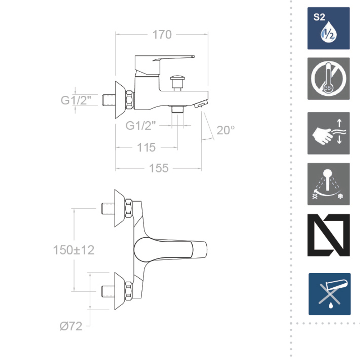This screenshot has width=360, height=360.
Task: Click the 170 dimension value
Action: point(162,35)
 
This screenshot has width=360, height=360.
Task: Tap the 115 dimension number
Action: point(146,147)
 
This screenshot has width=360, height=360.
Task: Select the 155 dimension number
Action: point(159,168)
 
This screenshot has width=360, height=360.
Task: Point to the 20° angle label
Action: point(225,130)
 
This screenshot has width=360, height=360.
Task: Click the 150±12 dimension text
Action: point(74,250)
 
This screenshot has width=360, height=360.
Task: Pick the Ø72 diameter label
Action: point(71,326)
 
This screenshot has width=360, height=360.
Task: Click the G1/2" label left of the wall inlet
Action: point(76,100)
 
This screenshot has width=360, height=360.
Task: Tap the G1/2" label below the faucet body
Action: point(140,126)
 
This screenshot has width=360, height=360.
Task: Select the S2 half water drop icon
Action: point(329,28)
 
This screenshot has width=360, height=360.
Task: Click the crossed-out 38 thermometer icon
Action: point(329,78)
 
